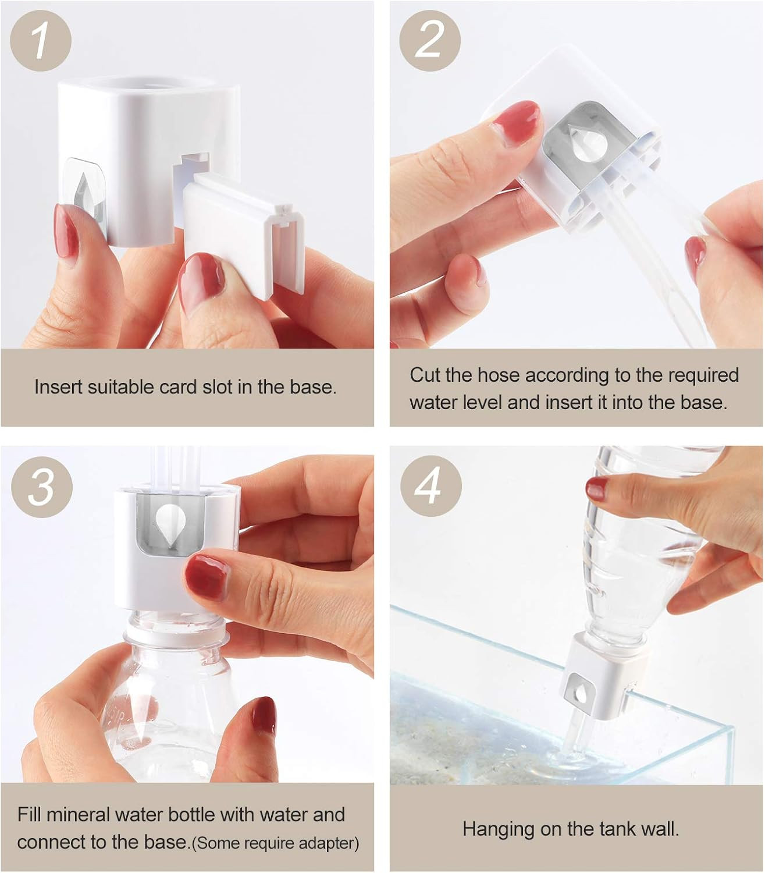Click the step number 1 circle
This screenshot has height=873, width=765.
[41, 41]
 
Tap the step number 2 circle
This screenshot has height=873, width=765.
[430, 41]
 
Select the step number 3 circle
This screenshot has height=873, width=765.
[42, 487]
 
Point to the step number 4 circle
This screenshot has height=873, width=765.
[430, 485]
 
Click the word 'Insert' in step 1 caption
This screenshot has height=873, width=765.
[59, 386]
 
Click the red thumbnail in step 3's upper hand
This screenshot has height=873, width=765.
[208, 577]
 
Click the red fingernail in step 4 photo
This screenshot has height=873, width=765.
[597, 488]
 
